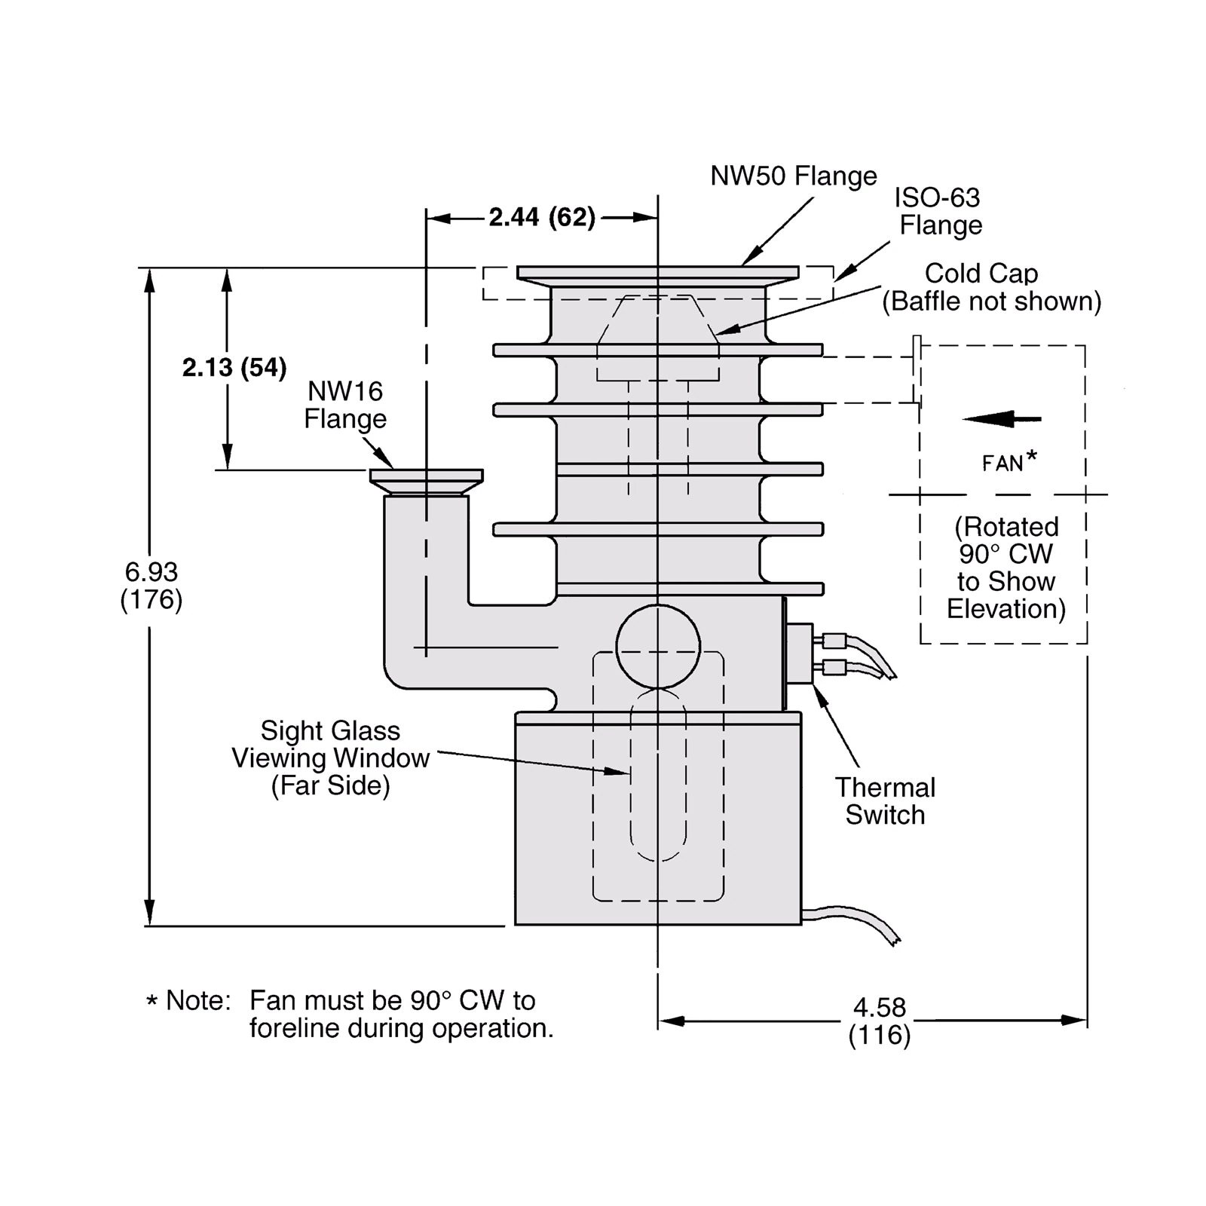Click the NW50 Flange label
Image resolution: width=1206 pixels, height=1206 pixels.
coord(793,176)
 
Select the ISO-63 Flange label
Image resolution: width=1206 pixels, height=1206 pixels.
coord(939,212)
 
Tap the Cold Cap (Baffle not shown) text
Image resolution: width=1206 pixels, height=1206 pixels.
coord(990,287)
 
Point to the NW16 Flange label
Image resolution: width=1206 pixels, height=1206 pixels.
coord(345,405)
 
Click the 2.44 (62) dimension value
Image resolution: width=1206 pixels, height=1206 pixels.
coord(542,218)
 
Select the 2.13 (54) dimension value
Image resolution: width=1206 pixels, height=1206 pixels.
coord(234,368)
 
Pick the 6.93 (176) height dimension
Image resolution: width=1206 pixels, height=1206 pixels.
coord(152,586)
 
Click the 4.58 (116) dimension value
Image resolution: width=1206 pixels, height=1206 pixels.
coord(879,1021)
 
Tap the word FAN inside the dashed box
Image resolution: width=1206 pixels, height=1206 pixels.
coord(1002,464)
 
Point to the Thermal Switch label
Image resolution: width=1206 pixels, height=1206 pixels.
coord(885,801)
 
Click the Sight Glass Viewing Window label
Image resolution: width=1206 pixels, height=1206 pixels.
coord(330,758)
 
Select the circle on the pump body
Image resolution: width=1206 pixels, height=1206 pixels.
coord(658,647)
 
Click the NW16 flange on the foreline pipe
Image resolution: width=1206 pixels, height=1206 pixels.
coord(426,476)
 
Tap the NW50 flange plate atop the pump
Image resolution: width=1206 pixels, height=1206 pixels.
coord(657,272)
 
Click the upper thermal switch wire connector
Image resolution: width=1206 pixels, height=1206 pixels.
coord(834,641)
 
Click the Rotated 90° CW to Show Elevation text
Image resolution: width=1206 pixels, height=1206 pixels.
coord(1006,568)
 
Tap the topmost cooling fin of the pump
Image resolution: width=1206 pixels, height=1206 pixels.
coord(657,350)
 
